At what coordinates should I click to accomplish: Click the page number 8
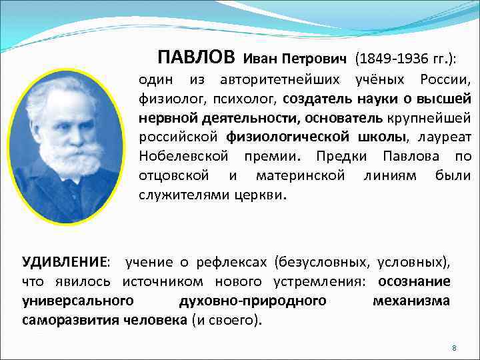pyautogui.click(x=453, y=349)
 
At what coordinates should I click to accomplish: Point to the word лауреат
pyautogui.click(x=444, y=137)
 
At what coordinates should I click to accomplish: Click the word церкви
pyautogui.click(x=260, y=195)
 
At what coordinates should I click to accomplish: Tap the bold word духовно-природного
pyautogui.click(x=253, y=301)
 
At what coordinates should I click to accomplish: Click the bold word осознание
pyautogui.click(x=414, y=281)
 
